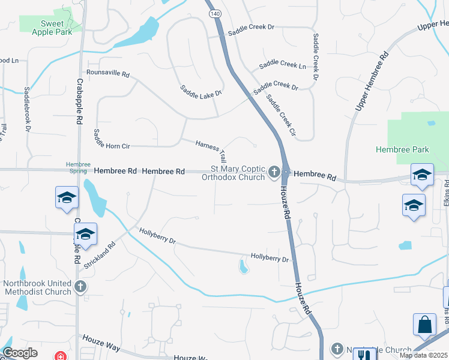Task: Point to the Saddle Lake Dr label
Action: pyautogui.click(x=201, y=92)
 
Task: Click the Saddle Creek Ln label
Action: pyautogui.click(x=282, y=65)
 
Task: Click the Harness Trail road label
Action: pyautogui.click(x=211, y=151)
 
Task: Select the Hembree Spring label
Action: pyautogui.click(x=78, y=167)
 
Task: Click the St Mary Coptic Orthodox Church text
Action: pyautogui.click(x=237, y=173)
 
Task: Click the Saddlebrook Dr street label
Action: pyautogui.click(x=27, y=109)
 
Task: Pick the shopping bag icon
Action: pyautogui.click(x=424, y=324)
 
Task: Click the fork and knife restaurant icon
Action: pyautogui.click(x=364, y=354)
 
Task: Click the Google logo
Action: pyautogui.click(x=20, y=353)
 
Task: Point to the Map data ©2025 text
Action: pyautogui.click(x=423, y=355)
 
